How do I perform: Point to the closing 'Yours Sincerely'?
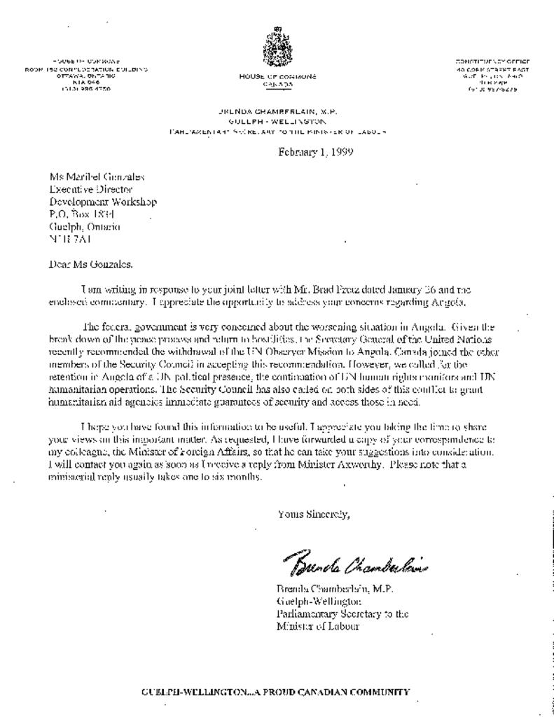[x=313, y=515]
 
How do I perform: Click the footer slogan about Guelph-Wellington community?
[x=275, y=692]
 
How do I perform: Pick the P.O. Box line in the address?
[x=81, y=214]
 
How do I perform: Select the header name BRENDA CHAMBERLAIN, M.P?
[x=277, y=111]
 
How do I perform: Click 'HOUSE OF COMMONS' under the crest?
[x=277, y=76]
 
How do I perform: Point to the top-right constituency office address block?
[x=492, y=76]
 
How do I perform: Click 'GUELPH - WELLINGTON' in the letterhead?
[x=277, y=121]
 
